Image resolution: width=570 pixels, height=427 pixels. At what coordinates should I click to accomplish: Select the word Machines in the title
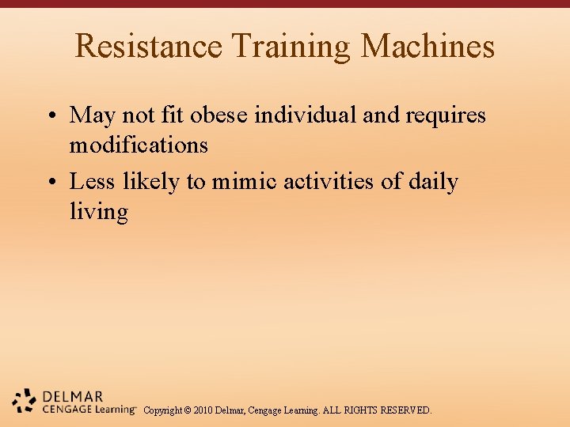427,46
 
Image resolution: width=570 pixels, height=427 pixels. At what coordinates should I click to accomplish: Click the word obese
225,115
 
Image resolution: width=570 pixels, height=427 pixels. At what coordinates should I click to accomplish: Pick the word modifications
139,145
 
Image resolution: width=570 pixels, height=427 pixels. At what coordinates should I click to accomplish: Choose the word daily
433,183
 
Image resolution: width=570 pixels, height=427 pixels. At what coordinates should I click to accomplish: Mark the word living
98,213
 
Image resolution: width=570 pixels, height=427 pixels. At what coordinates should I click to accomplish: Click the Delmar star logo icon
25,400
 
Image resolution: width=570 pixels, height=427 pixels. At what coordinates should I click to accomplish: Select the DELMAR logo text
74,396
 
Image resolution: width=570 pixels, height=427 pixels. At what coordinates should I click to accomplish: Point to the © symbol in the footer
187,410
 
